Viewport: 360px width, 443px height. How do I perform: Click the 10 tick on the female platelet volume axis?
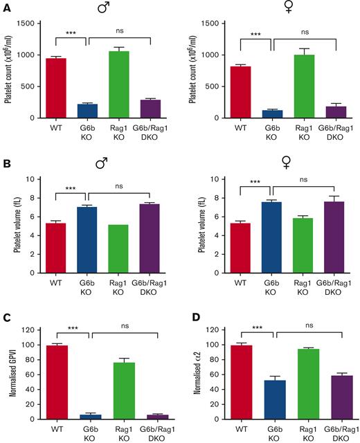[x=226, y=179]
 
